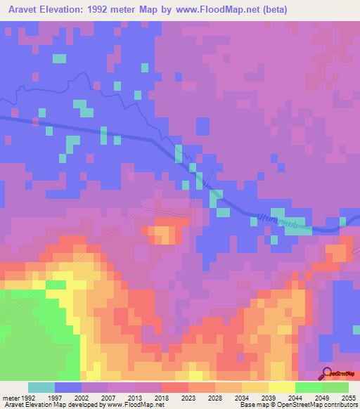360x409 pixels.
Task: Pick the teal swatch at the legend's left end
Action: (x=41, y=387)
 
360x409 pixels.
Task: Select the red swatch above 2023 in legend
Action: (x=175, y=387)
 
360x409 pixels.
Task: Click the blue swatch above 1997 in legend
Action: (x=68, y=387)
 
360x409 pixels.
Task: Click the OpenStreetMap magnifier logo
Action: (x=328, y=373)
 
